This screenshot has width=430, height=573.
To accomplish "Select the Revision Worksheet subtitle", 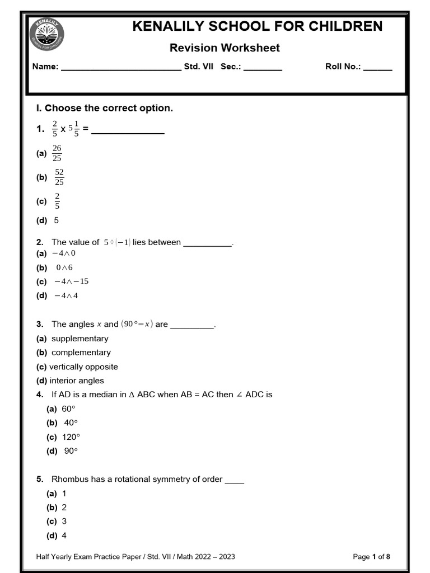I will point(225,48).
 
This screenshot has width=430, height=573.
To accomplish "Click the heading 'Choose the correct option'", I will point(109,108).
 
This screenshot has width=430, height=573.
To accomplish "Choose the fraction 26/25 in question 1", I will point(57,153).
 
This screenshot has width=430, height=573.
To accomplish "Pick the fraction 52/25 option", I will point(59,177).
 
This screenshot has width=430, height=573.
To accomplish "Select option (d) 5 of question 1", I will point(56,220).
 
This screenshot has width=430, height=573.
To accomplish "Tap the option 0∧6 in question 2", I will point(64,267).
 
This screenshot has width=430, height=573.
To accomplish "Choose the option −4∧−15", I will point(71,281).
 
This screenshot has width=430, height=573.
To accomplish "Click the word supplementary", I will point(80,339).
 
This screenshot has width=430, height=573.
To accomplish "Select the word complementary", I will point(81,353).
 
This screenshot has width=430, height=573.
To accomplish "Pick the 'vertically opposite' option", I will point(83,367).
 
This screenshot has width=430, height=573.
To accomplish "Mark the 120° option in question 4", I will point(71,437).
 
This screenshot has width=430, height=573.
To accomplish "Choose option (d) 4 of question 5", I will point(64,536).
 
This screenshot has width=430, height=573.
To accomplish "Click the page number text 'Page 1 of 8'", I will point(371,556).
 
